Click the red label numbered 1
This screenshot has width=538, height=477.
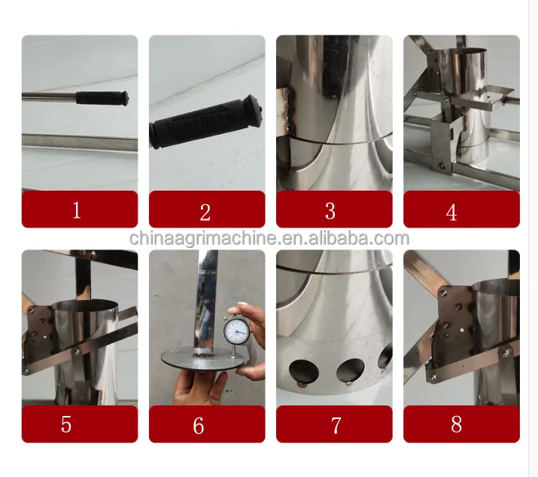coord(79,209)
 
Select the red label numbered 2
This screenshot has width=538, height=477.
coord(206,209)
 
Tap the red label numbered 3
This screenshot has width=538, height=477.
coord(333,209)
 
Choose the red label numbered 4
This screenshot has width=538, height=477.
coord(460,209)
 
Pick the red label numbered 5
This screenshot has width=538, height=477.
coord(79,424)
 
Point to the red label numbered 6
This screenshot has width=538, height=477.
coord(206,424)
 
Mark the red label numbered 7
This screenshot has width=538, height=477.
coord(333,424)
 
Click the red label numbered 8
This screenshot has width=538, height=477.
coord(460,424)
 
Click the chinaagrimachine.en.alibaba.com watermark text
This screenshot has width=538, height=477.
coord(269,238)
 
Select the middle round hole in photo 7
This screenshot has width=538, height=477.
coord(350,370)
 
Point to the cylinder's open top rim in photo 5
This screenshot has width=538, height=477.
coord(87,305)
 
